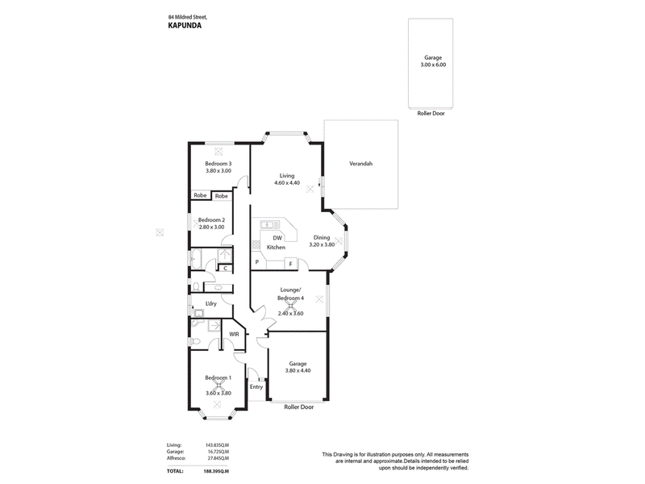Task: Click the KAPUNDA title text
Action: tap(185, 26)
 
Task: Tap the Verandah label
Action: tap(360, 164)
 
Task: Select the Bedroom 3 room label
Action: tap(218, 164)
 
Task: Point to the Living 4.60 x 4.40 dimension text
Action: tap(287, 183)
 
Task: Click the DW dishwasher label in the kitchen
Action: tap(277, 238)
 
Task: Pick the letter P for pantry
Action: tap(257, 262)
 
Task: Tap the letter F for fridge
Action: tap(291, 264)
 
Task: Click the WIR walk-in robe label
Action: tap(234, 334)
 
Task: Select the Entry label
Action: tap(256, 387)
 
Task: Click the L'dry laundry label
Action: tap(211, 304)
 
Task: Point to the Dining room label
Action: tap(322, 237)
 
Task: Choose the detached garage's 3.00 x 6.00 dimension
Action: tap(433, 65)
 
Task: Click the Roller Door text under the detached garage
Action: tap(431, 113)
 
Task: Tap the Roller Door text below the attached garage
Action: tap(299, 407)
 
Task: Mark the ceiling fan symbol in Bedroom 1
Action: tap(218, 386)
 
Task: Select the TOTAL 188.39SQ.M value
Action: tap(216, 471)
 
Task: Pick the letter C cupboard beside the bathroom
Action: tap(226, 269)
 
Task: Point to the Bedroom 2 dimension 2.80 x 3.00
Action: tap(212, 227)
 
